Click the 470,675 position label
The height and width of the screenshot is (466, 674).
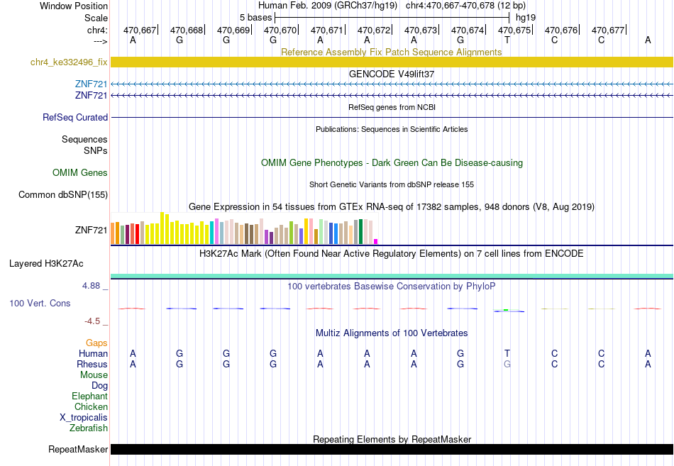coord(514,30)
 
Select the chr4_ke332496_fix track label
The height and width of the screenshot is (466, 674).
coord(69,62)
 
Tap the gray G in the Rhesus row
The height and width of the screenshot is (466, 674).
coord(507,364)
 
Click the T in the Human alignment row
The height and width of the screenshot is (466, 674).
coord(507,353)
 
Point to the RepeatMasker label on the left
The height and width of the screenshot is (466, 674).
coord(78,449)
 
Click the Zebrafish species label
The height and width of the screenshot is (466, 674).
coord(89,428)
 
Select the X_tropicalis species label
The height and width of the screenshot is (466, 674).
coord(84,418)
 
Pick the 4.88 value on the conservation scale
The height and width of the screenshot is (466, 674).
coord(91,286)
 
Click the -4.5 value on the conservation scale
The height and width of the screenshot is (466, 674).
coord(92,321)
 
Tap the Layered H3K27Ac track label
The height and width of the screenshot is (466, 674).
coord(46,264)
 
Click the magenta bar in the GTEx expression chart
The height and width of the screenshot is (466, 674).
coord(376,242)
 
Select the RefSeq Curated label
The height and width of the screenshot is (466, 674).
coord(75,117)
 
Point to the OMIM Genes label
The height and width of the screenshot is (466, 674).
coord(80,172)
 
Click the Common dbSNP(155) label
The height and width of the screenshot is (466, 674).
coord(63,195)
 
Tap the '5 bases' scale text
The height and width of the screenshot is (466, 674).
coord(255,18)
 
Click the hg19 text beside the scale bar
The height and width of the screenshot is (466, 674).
coord(526,18)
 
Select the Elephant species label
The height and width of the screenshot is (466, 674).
coord(90,396)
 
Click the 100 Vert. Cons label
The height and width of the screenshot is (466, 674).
coord(40,303)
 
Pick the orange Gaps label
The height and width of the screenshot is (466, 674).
coord(96,343)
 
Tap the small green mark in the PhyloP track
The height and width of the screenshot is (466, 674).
coord(506,309)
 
